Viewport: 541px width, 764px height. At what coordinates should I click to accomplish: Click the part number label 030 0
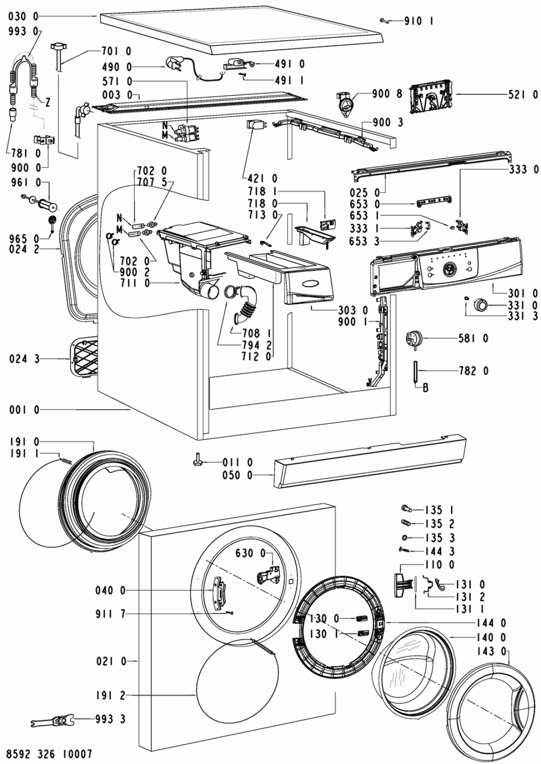pos(24,16)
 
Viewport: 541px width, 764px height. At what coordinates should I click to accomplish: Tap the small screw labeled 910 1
pos(384,21)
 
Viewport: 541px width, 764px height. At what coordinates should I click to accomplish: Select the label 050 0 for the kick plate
pos(237,475)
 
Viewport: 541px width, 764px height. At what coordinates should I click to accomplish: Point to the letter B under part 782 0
pos(425,388)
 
